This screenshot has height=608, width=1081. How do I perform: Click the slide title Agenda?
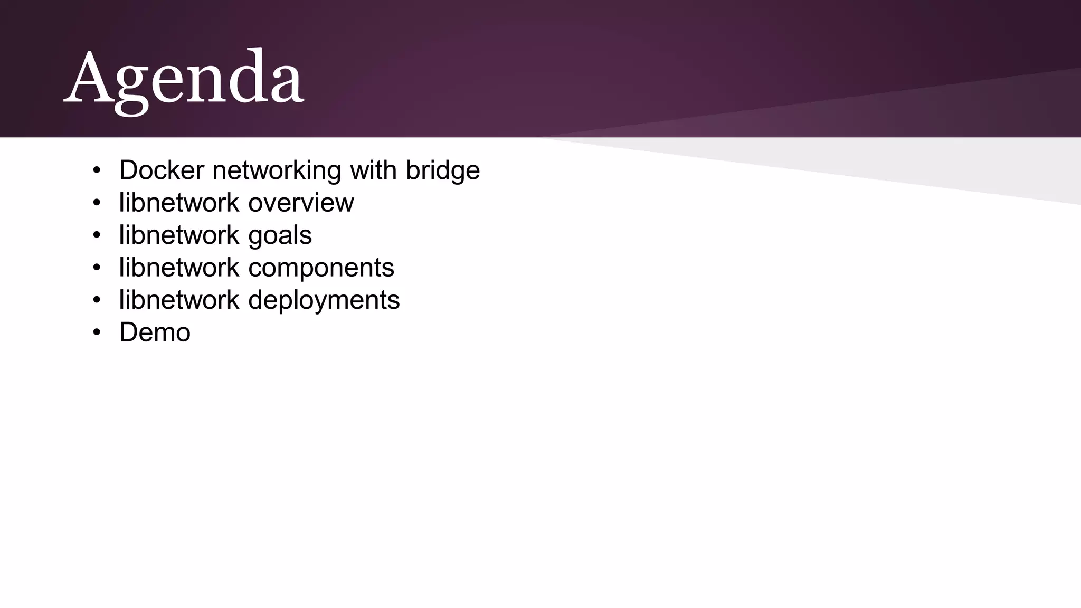click(x=184, y=79)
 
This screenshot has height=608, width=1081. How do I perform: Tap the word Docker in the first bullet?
click(x=162, y=170)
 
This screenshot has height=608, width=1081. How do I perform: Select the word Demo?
click(x=155, y=332)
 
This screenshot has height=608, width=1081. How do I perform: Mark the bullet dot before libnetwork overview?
click(x=96, y=203)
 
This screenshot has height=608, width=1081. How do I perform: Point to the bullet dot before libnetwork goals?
click(x=96, y=235)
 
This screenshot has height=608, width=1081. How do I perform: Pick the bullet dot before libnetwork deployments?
click(x=96, y=300)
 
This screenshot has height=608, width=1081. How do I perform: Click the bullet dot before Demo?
click(x=96, y=332)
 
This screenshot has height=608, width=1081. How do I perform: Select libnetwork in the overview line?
click(x=179, y=203)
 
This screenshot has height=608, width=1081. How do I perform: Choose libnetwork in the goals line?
click(x=179, y=235)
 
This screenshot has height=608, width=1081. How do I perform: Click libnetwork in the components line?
click(x=179, y=268)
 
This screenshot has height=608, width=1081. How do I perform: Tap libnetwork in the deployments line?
click(x=179, y=300)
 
